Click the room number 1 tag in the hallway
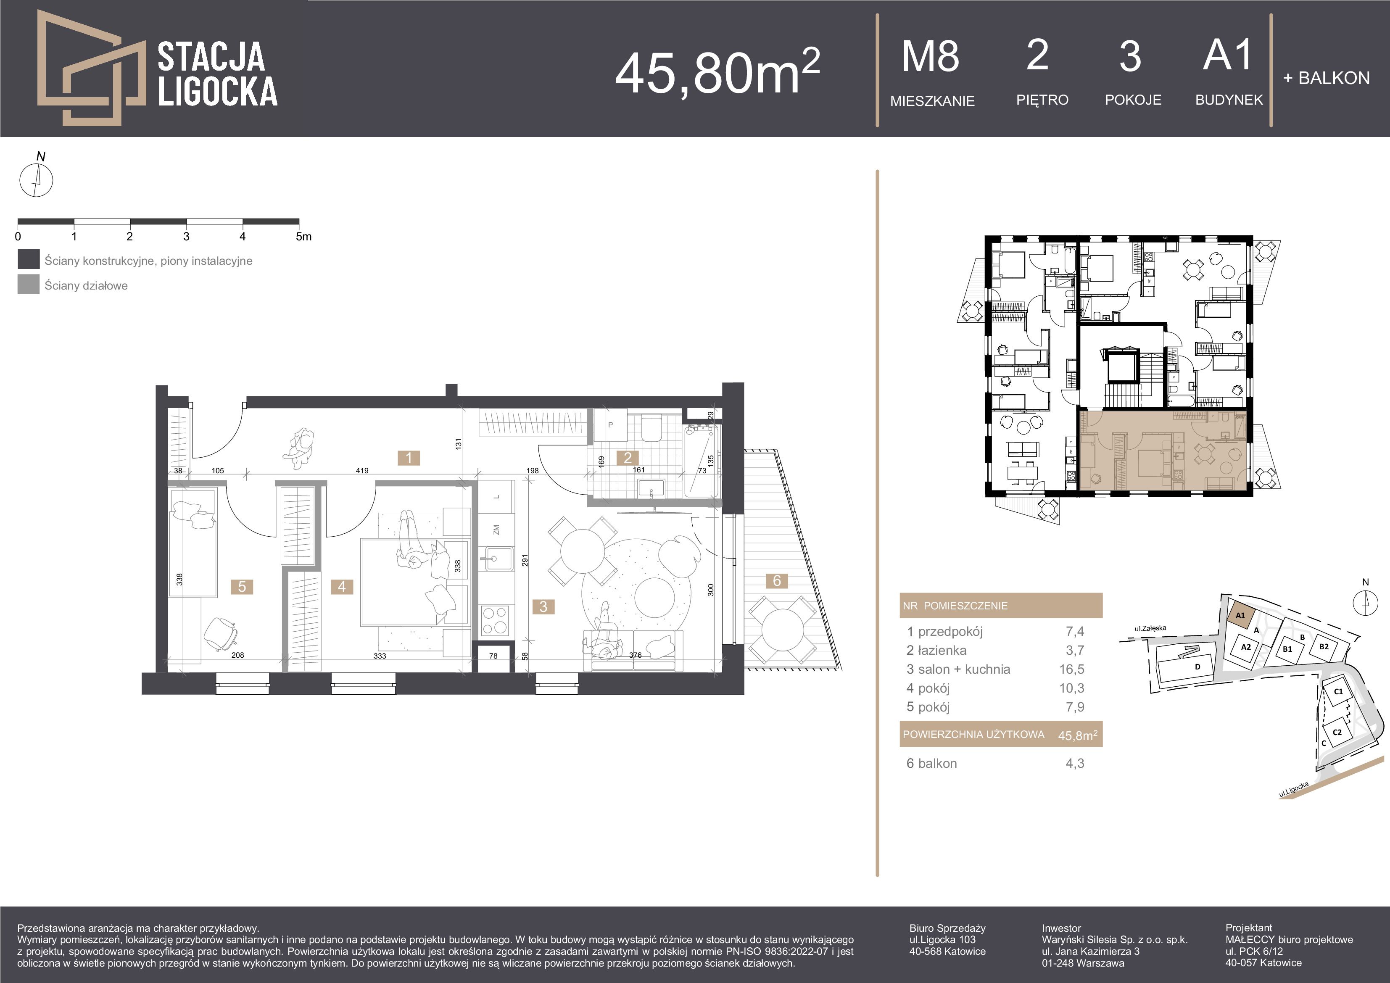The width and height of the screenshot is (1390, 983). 409,458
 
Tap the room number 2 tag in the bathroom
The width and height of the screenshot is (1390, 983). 628,458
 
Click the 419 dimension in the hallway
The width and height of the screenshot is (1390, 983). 362,470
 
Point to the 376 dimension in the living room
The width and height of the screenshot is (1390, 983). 635,655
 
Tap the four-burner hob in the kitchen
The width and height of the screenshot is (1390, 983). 495,620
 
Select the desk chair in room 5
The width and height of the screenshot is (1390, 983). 220,634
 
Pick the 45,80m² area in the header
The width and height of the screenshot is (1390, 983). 717,73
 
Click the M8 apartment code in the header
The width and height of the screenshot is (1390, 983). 931,56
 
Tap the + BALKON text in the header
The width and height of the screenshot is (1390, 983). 1326,78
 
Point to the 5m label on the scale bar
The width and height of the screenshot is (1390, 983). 303,237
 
